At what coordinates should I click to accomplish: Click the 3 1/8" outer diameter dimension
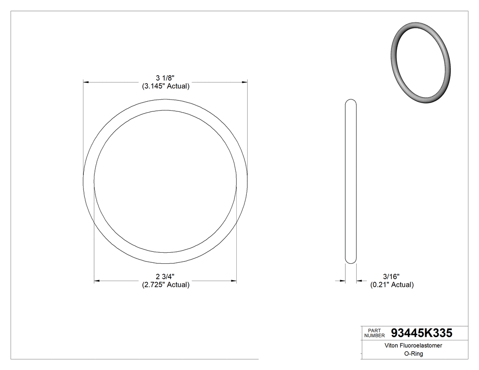point(165,78)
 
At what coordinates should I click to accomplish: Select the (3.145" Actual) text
point(165,86)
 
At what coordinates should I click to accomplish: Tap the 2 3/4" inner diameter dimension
point(165,276)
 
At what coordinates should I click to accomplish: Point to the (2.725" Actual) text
point(165,285)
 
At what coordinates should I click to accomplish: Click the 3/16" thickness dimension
point(391,276)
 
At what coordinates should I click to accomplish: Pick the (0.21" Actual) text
point(391,285)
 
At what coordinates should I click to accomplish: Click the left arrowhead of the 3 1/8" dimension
point(85,82)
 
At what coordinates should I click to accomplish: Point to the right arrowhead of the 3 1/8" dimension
point(245,82)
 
